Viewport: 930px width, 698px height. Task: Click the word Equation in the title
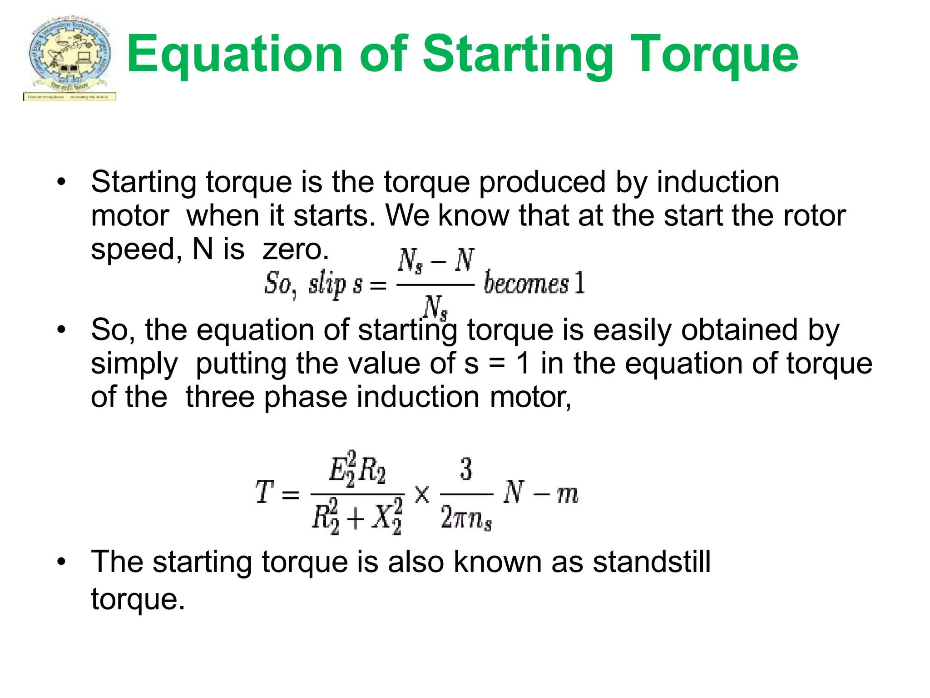click(234, 55)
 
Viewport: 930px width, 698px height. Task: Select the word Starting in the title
click(518, 55)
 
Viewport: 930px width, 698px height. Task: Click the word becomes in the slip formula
click(526, 283)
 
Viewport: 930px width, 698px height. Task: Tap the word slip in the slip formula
click(327, 284)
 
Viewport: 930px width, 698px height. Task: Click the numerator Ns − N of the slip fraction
click(435, 261)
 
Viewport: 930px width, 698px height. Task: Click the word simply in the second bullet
click(134, 364)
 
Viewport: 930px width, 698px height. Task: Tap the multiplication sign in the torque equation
click(421, 494)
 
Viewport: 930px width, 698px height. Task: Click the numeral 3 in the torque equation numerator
click(466, 469)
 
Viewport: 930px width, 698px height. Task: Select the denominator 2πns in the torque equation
click(466, 518)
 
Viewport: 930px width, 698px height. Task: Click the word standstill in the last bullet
click(652, 562)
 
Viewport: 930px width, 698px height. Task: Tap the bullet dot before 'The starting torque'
click(61, 562)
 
